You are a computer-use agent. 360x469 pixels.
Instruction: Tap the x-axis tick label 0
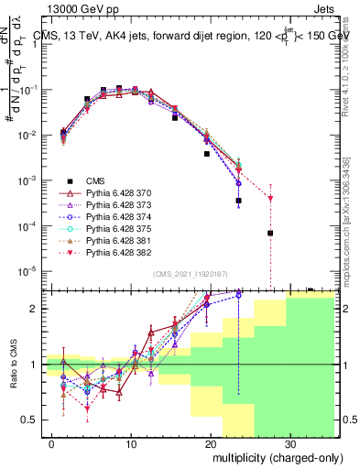click(51, 442)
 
